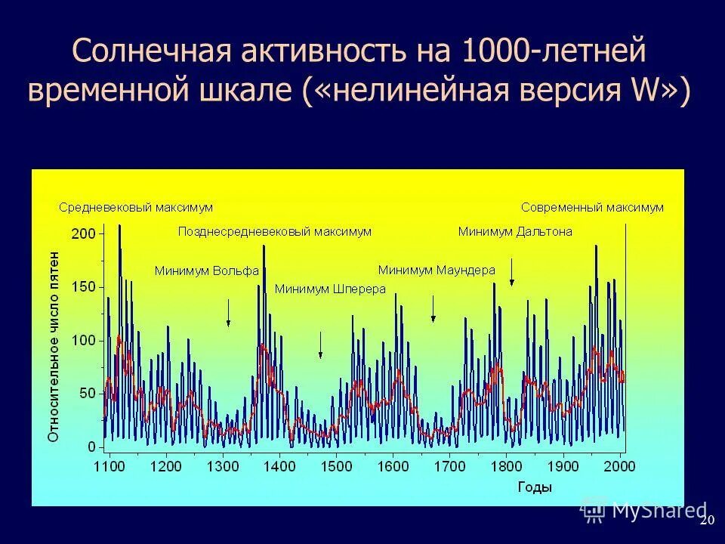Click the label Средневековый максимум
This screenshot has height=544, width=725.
point(136,207)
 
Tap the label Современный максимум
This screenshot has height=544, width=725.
point(592,207)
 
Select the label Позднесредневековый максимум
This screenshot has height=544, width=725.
point(275,232)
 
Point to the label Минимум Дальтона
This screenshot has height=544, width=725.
point(515,232)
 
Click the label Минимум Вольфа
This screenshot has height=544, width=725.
point(207,270)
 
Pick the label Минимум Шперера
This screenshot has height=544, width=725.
point(330,289)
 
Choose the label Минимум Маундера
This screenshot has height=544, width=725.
point(437,270)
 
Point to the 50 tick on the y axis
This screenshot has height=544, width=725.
point(86,394)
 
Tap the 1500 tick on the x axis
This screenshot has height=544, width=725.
point(336,466)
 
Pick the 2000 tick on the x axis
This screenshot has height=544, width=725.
point(619,466)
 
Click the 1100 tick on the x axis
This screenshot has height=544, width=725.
point(109,466)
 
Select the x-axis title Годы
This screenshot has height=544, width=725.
point(535,487)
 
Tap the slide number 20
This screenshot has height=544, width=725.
point(707,521)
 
